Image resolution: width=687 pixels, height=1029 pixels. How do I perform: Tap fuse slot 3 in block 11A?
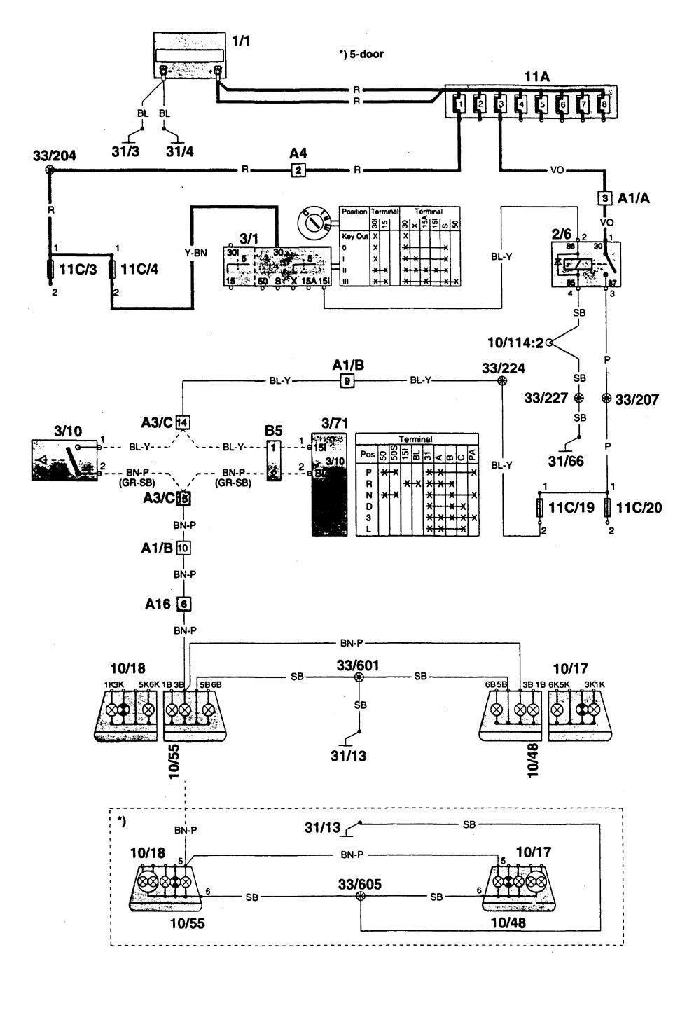tap(499, 105)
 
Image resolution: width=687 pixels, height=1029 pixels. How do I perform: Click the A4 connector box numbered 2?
tap(298, 169)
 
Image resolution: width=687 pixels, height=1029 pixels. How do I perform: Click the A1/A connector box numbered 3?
tap(604, 198)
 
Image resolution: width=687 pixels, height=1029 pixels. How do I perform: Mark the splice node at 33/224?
tap(501, 381)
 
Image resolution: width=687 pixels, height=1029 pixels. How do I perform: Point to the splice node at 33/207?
tap(606, 399)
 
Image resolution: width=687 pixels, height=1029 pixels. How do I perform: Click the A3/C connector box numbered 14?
tap(183, 422)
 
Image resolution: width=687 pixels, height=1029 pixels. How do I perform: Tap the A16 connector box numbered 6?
tap(184, 603)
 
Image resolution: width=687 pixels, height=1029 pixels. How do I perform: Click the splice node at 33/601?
tap(359, 677)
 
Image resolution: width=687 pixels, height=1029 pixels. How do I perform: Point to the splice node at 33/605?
tap(360, 896)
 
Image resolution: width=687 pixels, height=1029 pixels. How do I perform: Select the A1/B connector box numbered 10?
tap(183, 548)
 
